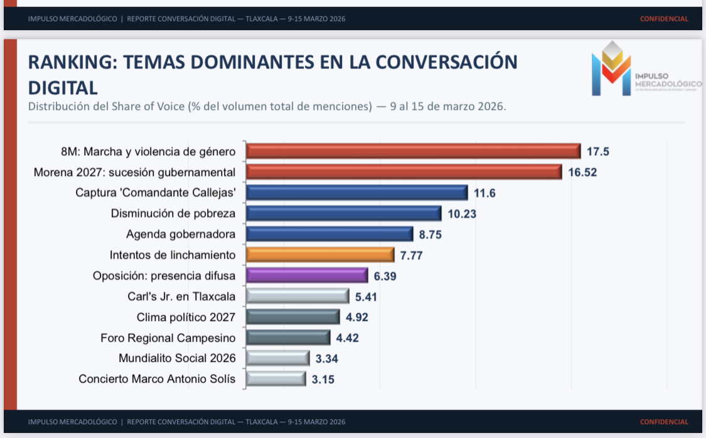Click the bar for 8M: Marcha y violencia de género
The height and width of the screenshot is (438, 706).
tap(413, 151)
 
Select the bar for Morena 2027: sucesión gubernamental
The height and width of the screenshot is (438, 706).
tap(404, 172)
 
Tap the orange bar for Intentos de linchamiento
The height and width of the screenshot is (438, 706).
tap(320, 255)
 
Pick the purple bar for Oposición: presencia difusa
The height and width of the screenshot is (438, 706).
tap(307, 276)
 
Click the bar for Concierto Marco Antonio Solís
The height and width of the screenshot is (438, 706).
tap(276, 379)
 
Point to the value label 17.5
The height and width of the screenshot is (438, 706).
tap(598, 152)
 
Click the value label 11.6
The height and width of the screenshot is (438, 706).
tap(484, 194)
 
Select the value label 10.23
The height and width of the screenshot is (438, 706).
tap(462, 214)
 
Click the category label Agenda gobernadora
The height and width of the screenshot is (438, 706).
tap(181, 234)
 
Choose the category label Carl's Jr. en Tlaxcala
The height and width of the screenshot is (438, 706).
tap(181, 297)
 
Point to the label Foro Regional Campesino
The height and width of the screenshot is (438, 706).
tap(168, 338)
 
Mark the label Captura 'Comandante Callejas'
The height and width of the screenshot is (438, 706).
tap(156, 193)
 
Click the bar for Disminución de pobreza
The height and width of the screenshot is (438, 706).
tap(344, 214)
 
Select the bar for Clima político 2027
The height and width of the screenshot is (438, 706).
tap(292, 317)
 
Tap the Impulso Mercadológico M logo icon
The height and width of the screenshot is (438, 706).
tap(611, 69)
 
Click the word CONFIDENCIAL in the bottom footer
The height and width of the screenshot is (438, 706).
tap(664, 422)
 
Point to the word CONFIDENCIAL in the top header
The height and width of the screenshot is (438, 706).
tap(664, 19)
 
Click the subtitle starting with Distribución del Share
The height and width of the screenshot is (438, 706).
tap(267, 106)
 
